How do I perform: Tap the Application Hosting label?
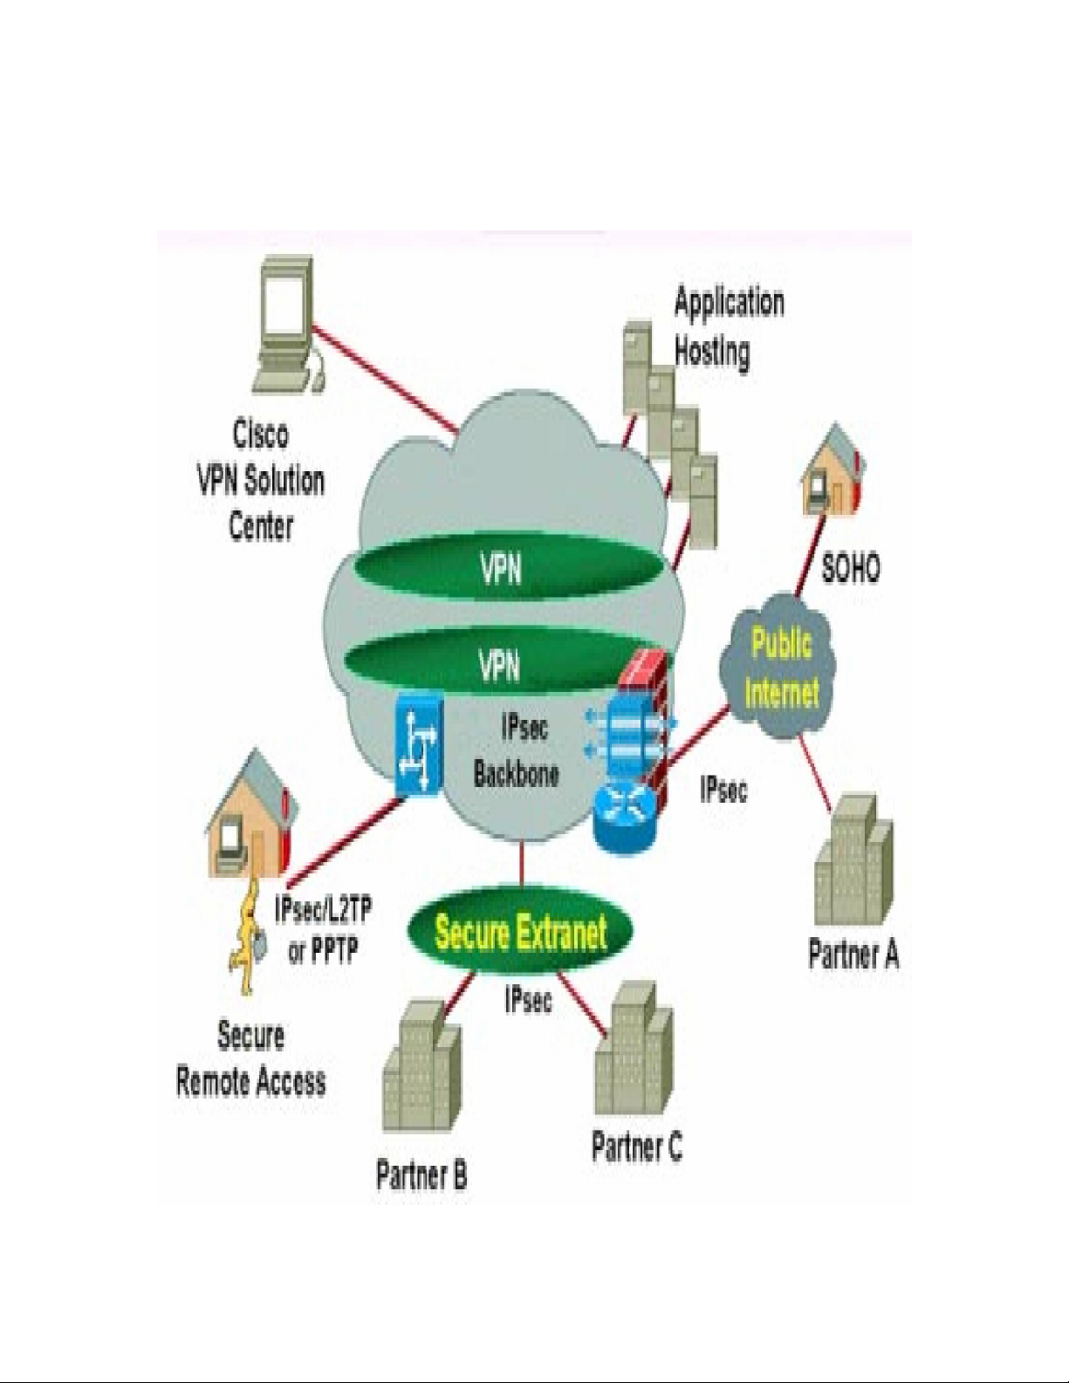click(728, 327)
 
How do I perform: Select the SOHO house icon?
click(833, 470)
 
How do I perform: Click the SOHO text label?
click(851, 569)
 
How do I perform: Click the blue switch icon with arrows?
click(418, 745)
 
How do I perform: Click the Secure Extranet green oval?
click(521, 932)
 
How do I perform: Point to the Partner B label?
click(421, 1174)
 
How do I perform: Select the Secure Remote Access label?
click(250, 1059)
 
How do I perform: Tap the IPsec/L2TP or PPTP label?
click(323, 930)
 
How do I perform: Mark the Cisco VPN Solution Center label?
click(260, 481)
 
